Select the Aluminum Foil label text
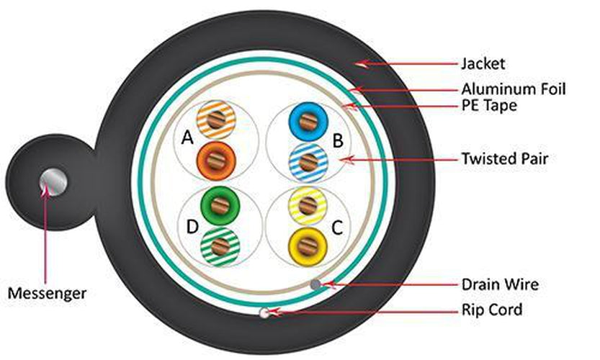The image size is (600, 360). (x=514, y=90)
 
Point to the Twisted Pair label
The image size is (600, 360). (x=504, y=158)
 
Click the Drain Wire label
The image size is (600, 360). (x=500, y=284)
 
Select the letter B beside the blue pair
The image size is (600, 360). (x=337, y=140)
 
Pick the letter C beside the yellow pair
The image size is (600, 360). (x=336, y=228)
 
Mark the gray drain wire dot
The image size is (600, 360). (x=315, y=284)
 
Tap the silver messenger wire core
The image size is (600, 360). (x=54, y=181)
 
